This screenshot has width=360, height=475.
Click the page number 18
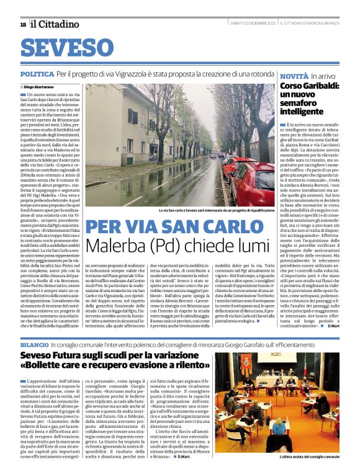tap(23, 24)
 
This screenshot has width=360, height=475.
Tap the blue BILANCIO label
tap(34, 343)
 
